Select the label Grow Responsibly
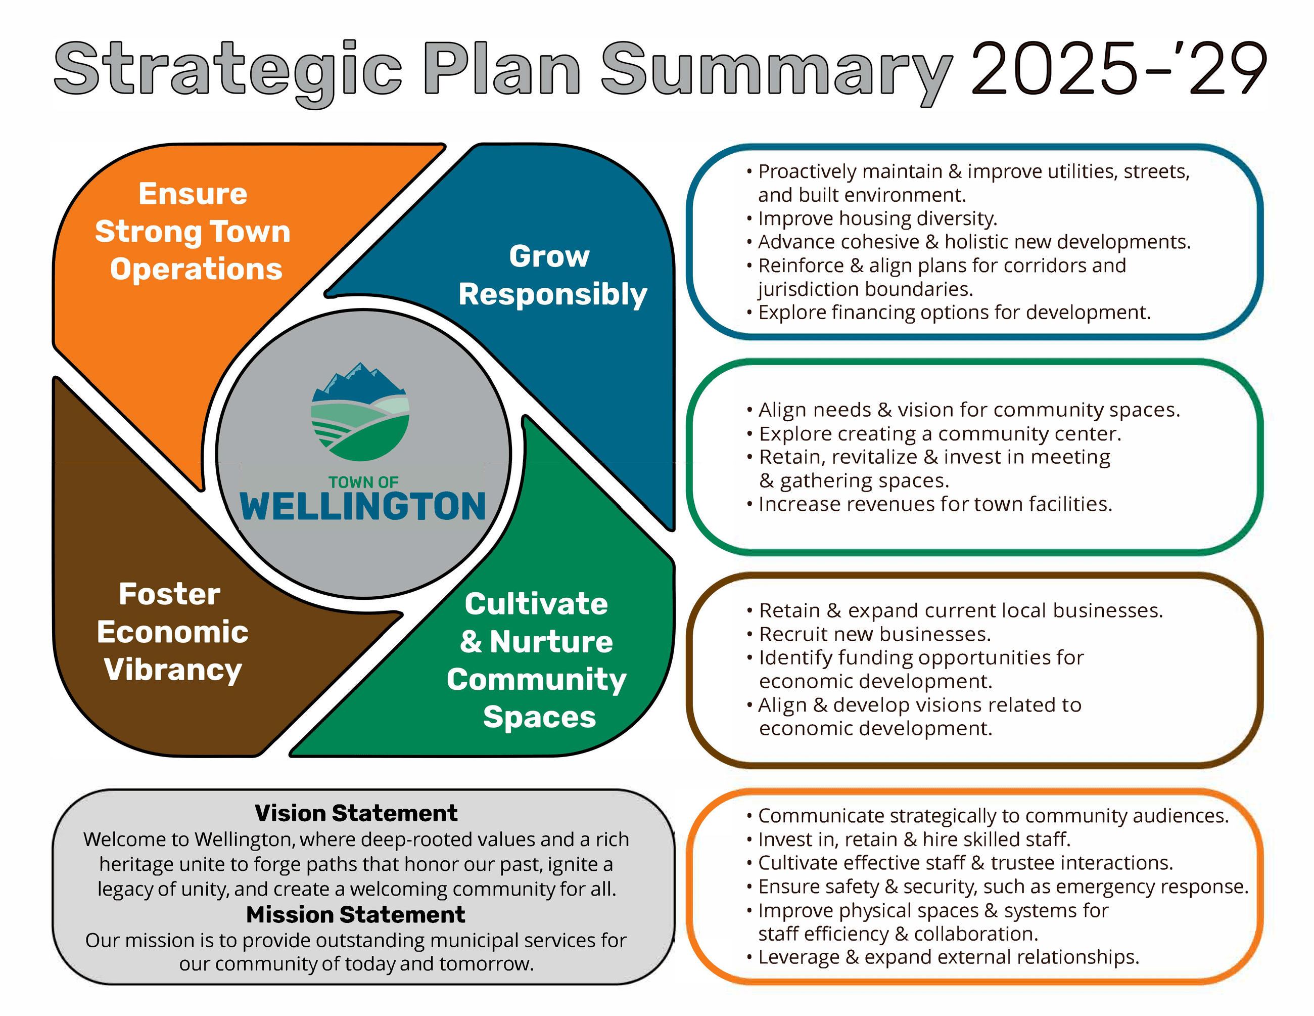552,275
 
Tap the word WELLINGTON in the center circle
363,506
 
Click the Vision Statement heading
356,813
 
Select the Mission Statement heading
356,915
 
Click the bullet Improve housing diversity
877,218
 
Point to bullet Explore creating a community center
940,434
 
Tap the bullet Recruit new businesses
874,634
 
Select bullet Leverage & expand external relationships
948,957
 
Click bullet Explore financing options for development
954,313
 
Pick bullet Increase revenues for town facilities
935,504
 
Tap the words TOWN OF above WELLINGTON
363,482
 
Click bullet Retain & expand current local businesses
960,611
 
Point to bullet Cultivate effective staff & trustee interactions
965,863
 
